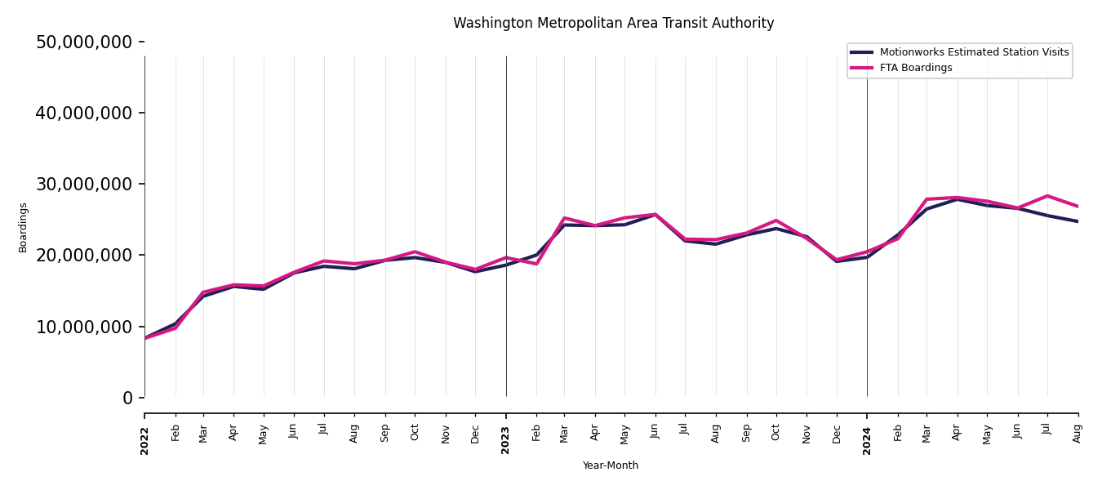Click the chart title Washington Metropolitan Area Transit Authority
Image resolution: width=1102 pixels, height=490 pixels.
(613, 24)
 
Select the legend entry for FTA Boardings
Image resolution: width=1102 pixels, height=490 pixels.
(917, 68)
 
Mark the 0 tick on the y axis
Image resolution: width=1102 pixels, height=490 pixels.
(127, 398)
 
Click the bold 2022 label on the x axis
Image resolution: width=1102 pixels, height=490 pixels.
(145, 440)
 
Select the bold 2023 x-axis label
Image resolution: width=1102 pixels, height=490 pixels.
(506, 440)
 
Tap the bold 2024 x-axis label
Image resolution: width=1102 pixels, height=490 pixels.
(867, 440)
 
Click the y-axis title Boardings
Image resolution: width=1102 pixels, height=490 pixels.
(23, 227)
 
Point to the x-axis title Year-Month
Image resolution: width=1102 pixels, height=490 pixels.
(611, 465)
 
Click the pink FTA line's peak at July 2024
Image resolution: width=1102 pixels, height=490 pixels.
(1047, 196)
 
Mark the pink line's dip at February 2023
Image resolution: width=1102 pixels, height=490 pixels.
(536, 264)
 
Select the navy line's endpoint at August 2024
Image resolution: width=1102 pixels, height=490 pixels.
(1078, 221)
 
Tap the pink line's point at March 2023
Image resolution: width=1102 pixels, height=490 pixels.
(564, 218)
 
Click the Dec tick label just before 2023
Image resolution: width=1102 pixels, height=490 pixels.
(476, 433)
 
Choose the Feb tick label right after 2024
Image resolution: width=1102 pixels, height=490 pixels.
(898, 433)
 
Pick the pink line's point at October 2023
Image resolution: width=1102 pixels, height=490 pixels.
(776, 220)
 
